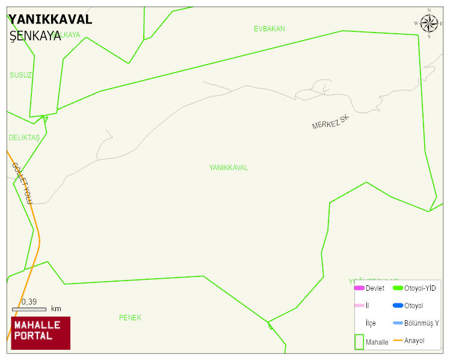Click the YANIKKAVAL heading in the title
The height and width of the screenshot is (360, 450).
[51, 19]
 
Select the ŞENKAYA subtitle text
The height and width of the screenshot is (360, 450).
[35, 36]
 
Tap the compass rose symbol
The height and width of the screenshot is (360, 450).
[429, 23]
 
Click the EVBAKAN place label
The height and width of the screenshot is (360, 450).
[269, 29]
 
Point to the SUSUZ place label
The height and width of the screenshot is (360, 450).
[20, 75]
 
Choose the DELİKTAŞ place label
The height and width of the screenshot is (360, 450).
[24, 138]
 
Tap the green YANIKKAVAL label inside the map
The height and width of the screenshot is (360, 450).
[229, 168]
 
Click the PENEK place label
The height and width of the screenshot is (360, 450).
[130, 318]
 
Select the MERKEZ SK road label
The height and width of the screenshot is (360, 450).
[331, 122]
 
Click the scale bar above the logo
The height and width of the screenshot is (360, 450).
[29, 309]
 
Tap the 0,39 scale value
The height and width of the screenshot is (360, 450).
[29, 302]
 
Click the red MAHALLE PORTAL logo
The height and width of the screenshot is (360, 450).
[41, 333]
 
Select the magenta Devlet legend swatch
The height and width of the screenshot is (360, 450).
[359, 288]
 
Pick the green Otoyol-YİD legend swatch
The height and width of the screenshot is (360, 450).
[398, 288]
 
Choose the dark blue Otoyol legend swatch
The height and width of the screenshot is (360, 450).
[398, 306]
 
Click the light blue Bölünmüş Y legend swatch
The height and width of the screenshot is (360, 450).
[398, 323]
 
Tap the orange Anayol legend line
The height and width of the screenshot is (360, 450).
[398, 341]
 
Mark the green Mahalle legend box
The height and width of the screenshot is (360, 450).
[359, 341]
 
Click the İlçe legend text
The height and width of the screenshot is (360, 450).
[371, 323]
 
